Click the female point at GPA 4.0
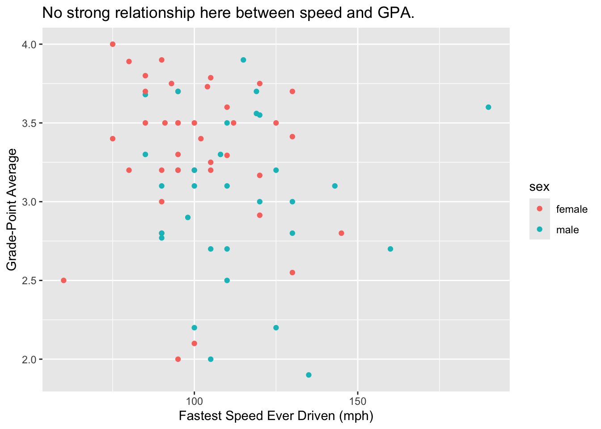tap(113, 44)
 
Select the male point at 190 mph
tap(488, 107)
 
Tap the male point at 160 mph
tap(390, 249)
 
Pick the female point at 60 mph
tap(63, 281)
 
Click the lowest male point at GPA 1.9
tap(309, 375)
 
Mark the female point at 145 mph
tap(341, 233)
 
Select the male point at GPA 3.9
tap(243, 60)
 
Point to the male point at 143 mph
tap(335, 186)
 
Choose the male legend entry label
tap(567, 230)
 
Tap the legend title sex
tap(539, 187)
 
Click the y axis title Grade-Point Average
tap(12, 209)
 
